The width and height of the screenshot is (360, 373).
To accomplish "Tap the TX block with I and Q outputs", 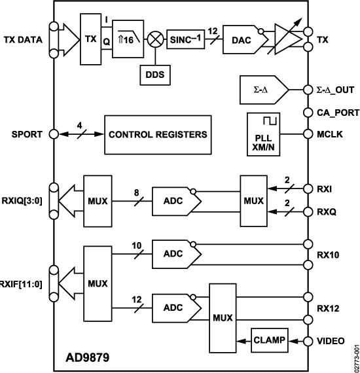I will [x=90, y=40].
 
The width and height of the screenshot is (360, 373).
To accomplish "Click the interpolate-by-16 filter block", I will [x=124, y=40].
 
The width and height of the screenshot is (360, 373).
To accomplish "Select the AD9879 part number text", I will [x=87, y=357].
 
